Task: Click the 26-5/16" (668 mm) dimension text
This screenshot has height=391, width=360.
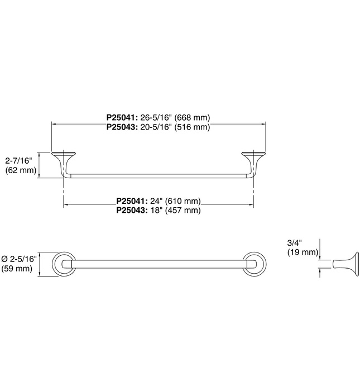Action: coord(175,117)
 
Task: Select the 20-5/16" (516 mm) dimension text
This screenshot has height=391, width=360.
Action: coord(175,127)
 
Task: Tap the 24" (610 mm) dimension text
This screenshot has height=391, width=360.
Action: coord(175,201)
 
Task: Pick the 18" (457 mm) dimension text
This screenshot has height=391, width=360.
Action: coord(175,211)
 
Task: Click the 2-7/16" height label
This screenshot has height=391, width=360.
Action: coord(19,161)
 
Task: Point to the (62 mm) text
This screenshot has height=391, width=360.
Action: coord(21,170)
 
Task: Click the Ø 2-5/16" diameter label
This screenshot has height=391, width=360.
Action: coord(19,259)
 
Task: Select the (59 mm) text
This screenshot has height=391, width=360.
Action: coord(17,269)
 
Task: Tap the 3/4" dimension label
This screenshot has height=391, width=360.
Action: coord(295,242)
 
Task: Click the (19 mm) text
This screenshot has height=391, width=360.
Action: coord(303,252)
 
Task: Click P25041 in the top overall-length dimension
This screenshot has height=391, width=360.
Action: coord(122,117)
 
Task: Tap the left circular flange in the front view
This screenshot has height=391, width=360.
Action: coord(64,264)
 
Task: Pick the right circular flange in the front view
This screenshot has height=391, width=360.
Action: coord(255,264)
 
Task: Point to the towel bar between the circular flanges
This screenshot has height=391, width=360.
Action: coord(159,264)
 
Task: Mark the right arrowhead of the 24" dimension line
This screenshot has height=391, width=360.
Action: coord(251,205)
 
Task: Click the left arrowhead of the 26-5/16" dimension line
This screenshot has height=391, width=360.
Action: coord(54,123)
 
